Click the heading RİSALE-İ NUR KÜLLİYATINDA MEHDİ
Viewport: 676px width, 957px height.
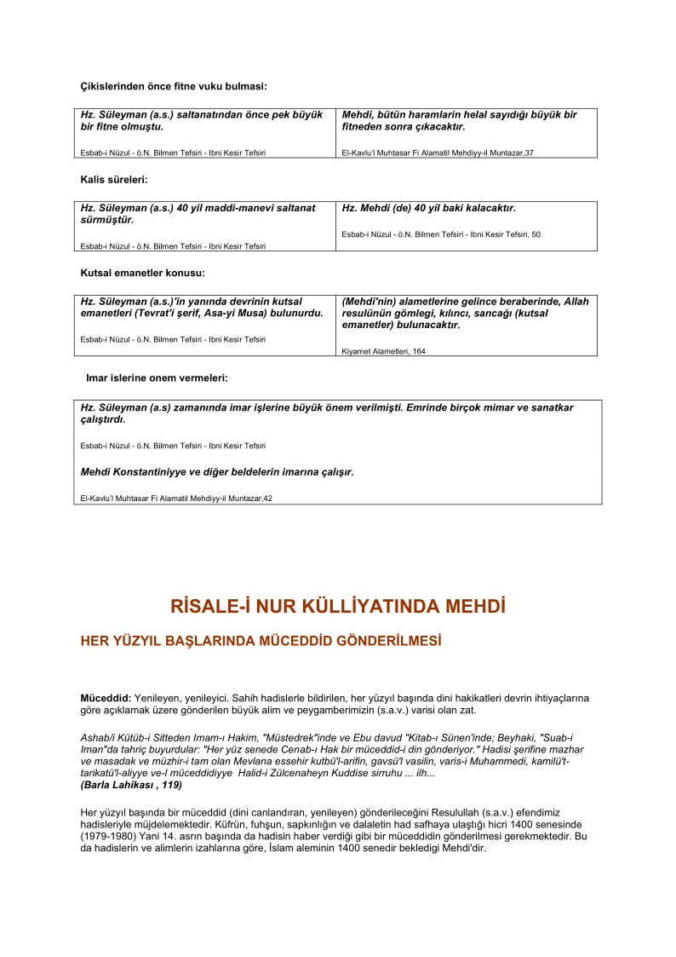(338, 607)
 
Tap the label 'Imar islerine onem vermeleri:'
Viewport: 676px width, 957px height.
(157, 378)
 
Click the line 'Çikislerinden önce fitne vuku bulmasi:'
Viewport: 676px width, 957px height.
(174, 86)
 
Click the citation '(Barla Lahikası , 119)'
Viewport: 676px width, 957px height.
(131, 785)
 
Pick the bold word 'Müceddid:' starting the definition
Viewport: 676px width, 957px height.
(106, 698)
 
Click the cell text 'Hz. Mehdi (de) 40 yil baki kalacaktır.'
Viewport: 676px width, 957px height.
(428, 208)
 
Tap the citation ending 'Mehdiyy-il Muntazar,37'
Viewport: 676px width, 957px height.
(437, 153)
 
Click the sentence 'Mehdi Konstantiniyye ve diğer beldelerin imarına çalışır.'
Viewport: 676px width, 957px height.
(216, 471)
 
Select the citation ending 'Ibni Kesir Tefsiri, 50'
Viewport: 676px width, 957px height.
(440, 234)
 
